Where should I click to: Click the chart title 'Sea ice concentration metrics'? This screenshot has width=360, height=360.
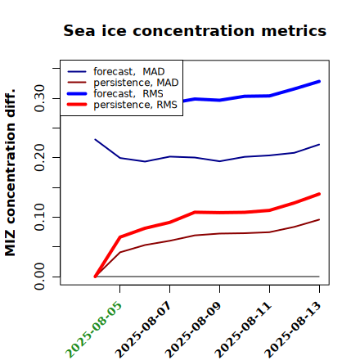(195, 30)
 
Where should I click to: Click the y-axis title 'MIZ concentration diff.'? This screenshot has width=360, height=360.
(10, 173)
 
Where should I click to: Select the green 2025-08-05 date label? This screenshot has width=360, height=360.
(93, 329)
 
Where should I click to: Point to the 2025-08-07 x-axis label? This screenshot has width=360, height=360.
(143, 329)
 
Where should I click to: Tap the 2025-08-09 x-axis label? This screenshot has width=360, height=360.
(193, 329)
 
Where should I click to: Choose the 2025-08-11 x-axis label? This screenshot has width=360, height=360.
(243, 329)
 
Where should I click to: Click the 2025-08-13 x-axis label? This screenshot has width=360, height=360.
(293, 329)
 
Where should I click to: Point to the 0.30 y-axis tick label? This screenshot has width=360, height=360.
(39, 98)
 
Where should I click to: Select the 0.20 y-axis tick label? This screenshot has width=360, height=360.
(39, 158)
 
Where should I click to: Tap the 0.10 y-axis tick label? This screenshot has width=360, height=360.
(39, 217)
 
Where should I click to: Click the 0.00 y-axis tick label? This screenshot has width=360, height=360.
(39, 277)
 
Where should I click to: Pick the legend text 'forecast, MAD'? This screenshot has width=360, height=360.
(129, 71)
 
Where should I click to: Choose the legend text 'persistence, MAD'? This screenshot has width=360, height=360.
(136, 83)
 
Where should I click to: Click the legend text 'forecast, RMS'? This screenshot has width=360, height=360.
(128, 93)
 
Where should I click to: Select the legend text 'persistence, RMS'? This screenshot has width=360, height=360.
(135, 105)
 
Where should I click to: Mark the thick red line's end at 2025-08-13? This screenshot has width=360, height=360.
(319, 194)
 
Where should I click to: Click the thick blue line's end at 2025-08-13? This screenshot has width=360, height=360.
(319, 81)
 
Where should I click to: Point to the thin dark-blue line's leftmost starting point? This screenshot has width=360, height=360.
(95, 139)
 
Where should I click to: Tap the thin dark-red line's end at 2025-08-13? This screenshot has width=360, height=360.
(319, 219)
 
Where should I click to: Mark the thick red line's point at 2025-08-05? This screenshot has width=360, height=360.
(120, 236)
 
